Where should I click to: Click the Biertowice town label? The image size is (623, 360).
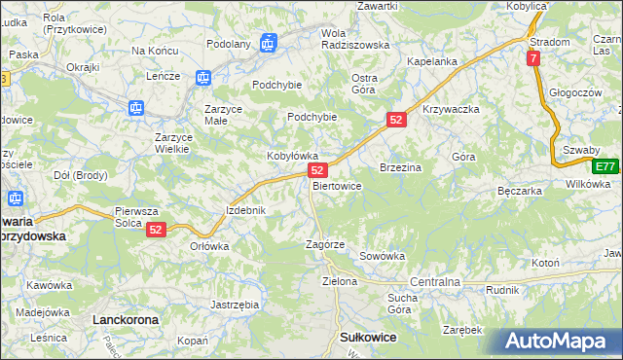338,185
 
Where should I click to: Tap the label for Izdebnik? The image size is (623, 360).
245,210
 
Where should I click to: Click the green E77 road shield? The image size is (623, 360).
606,165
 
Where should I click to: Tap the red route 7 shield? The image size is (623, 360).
533,59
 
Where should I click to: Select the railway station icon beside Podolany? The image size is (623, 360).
269,42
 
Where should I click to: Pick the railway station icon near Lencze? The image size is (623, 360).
203,77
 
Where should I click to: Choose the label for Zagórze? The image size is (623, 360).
326,244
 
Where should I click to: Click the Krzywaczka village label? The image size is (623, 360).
452,109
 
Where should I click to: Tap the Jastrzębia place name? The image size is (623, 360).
235,305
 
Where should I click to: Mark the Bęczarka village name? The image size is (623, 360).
519,191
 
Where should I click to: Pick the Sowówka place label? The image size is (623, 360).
382,256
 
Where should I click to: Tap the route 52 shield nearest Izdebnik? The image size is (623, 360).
157,230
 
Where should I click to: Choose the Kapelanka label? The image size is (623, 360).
432,61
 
